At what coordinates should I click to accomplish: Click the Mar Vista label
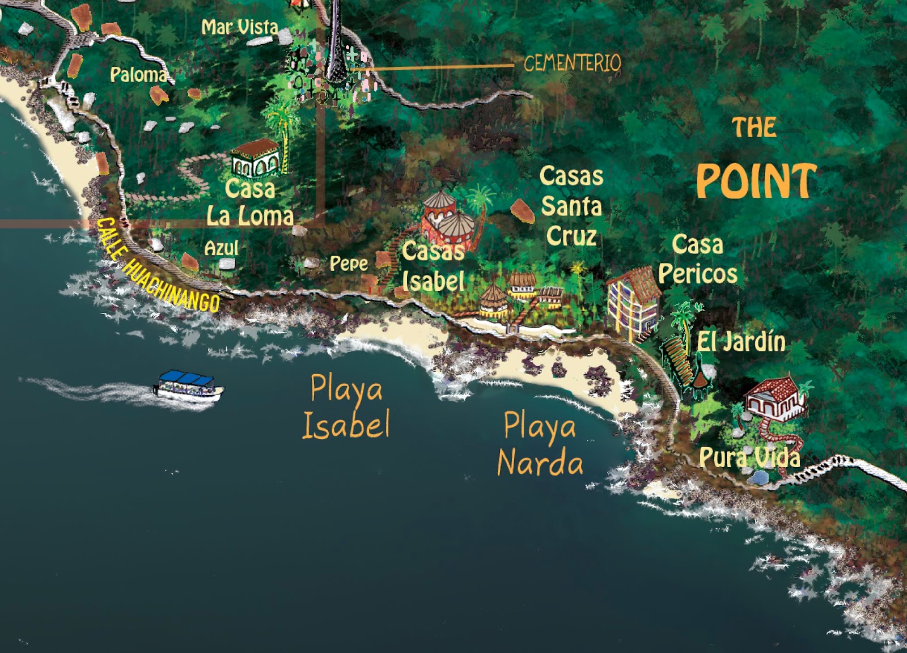(x=240, y=27)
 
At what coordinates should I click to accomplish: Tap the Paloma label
(x=139, y=74)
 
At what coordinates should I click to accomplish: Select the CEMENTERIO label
(x=572, y=63)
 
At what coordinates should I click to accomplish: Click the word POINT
(x=756, y=181)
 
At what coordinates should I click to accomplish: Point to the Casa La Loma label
(x=250, y=202)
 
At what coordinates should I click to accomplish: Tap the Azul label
(x=221, y=248)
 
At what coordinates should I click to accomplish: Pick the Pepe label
(x=349, y=263)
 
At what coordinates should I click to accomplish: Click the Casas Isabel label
(x=433, y=266)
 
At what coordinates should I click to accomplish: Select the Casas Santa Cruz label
(x=571, y=206)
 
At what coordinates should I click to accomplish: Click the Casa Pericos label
(x=698, y=259)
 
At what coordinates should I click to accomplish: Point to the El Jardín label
(x=741, y=342)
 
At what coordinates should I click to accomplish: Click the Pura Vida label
(x=749, y=457)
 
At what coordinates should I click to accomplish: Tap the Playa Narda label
(x=540, y=444)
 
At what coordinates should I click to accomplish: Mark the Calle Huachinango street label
(x=157, y=265)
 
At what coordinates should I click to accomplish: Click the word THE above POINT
(x=754, y=128)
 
